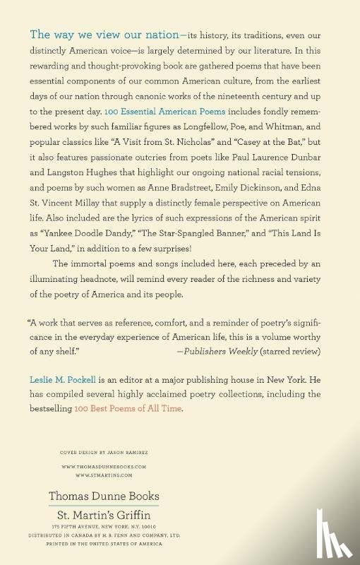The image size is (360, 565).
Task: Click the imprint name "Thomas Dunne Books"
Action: pyautogui.click(x=104, y=496)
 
